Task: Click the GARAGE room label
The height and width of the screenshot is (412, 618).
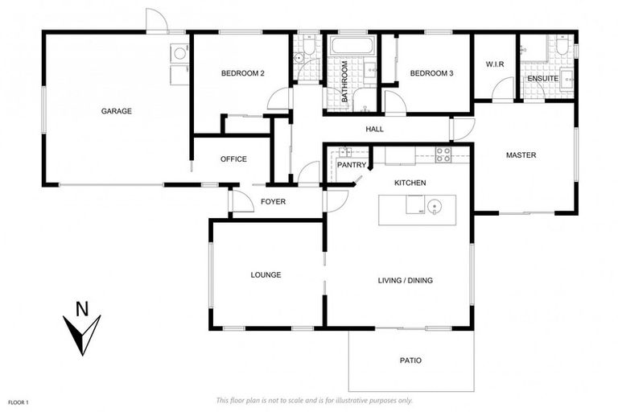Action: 116,111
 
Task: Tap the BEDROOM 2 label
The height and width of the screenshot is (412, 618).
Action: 243,74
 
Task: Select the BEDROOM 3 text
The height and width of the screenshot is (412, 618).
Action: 431,74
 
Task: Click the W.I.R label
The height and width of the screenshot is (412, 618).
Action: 494,64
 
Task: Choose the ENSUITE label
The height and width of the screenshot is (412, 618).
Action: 543,78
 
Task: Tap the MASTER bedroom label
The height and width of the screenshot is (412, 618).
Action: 521,154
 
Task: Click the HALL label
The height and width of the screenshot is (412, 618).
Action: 374,129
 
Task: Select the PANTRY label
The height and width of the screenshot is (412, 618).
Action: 352,165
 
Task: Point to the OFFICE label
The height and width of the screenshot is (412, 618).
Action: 233,159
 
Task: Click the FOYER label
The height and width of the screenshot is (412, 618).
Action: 274,201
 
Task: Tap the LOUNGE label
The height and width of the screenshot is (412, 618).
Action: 266,274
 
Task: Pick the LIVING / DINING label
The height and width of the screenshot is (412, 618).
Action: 406,281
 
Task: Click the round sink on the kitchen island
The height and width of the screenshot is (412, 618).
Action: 434,211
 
